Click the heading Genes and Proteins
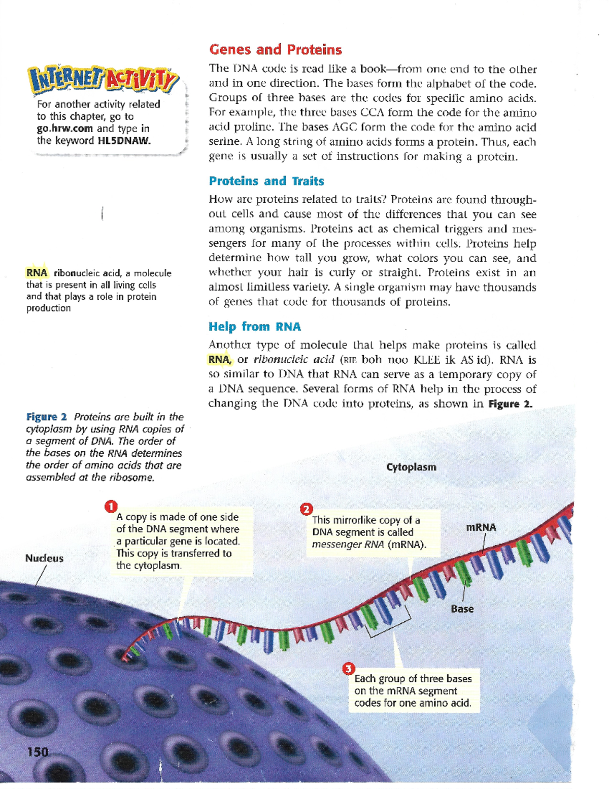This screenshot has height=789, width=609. (x=275, y=50)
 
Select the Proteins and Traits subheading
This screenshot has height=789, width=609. (x=266, y=181)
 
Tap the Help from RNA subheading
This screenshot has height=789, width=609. (x=254, y=327)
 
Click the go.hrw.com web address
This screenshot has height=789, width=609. (x=64, y=129)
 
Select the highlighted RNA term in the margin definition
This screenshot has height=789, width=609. (x=37, y=273)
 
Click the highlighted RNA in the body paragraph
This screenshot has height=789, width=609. (x=219, y=360)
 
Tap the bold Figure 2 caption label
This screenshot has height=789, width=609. (x=46, y=417)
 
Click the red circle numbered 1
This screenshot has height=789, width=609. (x=111, y=507)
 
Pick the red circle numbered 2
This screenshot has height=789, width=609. (x=307, y=509)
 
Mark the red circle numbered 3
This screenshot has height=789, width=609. (x=348, y=669)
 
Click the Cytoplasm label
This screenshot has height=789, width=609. (x=411, y=467)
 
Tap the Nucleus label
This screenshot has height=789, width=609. (x=44, y=558)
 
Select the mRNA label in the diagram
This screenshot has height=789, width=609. (x=481, y=527)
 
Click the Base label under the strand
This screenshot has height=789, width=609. (x=462, y=609)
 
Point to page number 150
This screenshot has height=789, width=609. (x=38, y=752)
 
